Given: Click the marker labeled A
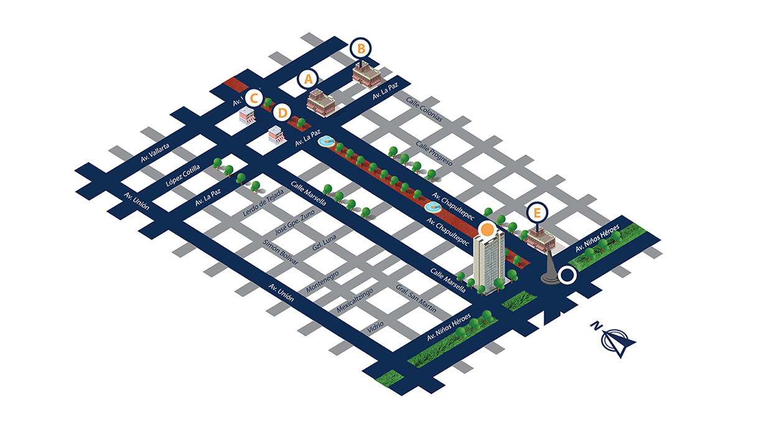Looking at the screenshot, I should pyautogui.click(x=307, y=79).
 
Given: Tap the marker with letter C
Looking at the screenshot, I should pyautogui.click(x=253, y=98).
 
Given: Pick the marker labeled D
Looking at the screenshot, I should pyautogui.click(x=282, y=113).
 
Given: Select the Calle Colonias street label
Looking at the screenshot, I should pyautogui.click(x=424, y=109).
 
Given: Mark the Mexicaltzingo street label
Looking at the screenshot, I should pyautogui.click(x=355, y=300).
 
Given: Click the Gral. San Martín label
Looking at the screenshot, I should pyautogui.click(x=416, y=299).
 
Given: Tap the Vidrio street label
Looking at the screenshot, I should pyautogui.click(x=376, y=326).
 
